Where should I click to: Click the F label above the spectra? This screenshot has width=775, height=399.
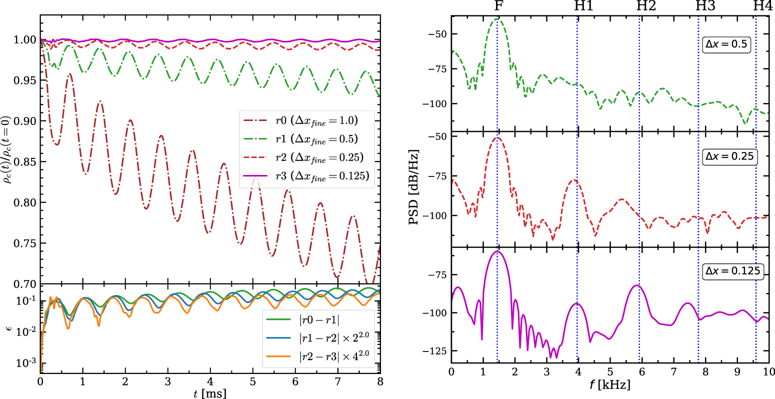point(497,6)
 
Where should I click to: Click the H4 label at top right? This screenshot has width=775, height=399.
point(762,6)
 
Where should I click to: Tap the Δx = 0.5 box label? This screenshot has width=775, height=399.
point(725,44)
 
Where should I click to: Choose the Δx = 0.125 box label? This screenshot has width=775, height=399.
point(732,271)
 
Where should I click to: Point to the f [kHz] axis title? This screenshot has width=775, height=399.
point(610,385)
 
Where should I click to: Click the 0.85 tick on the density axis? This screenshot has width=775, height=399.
point(28,162)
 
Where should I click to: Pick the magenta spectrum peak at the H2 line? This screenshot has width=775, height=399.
point(636,285)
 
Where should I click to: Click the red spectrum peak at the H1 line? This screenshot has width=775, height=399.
point(575,180)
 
